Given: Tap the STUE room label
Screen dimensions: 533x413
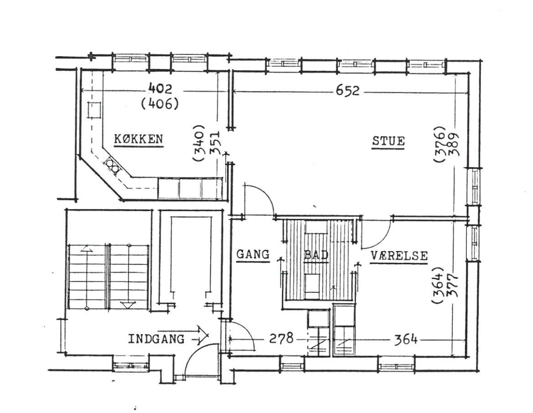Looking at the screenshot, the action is click(x=388, y=141).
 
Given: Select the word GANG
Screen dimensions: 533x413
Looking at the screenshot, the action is click(x=253, y=254).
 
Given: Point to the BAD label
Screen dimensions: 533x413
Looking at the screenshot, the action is click(x=316, y=254).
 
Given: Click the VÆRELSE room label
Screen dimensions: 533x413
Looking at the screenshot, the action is click(x=399, y=256).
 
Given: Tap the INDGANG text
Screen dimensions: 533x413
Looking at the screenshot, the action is click(x=156, y=339).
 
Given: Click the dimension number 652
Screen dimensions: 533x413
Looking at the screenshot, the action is click(x=347, y=91).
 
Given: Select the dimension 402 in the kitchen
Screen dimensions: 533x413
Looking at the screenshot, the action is click(x=160, y=89).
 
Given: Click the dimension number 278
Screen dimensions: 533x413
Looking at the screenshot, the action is click(x=281, y=338).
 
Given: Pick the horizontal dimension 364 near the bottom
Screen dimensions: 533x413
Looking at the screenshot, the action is click(x=405, y=339).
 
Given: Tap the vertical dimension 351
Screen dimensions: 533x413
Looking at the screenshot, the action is click(x=217, y=143).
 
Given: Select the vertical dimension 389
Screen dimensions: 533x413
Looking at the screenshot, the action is click(x=454, y=144).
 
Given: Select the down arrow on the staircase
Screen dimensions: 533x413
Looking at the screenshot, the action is click(x=129, y=305).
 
